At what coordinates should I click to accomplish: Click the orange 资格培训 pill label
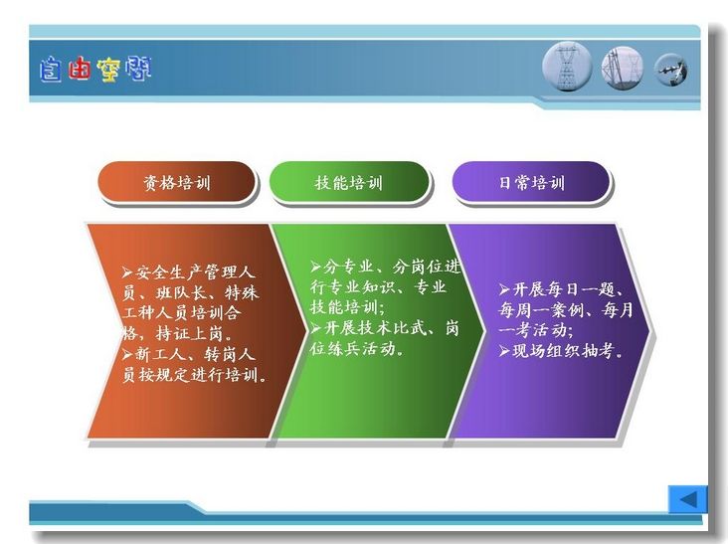tap(176, 182)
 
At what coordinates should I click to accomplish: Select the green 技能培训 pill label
tap(349, 182)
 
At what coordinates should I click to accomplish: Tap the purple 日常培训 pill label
tap(531, 182)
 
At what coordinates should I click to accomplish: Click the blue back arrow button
tap(687, 499)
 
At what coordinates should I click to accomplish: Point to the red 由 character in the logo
tap(79, 70)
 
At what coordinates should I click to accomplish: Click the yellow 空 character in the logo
tap(108, 70)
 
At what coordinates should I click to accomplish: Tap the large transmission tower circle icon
tap(567, 66)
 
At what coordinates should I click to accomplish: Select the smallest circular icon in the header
tap(671, 70)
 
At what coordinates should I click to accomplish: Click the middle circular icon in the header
tap(623, 68)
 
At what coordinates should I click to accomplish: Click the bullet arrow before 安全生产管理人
tap(127, 272)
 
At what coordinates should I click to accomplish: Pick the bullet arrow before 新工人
tap(127, 355)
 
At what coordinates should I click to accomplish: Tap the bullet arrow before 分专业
tap(315, 267)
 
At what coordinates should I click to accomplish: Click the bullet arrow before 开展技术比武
tap(315, 328)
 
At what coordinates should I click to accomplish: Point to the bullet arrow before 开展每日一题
tap(504, 290)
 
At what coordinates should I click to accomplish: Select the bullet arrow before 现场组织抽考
tap(504, 351)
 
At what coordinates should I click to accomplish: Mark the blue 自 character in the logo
tap(50, 70)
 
